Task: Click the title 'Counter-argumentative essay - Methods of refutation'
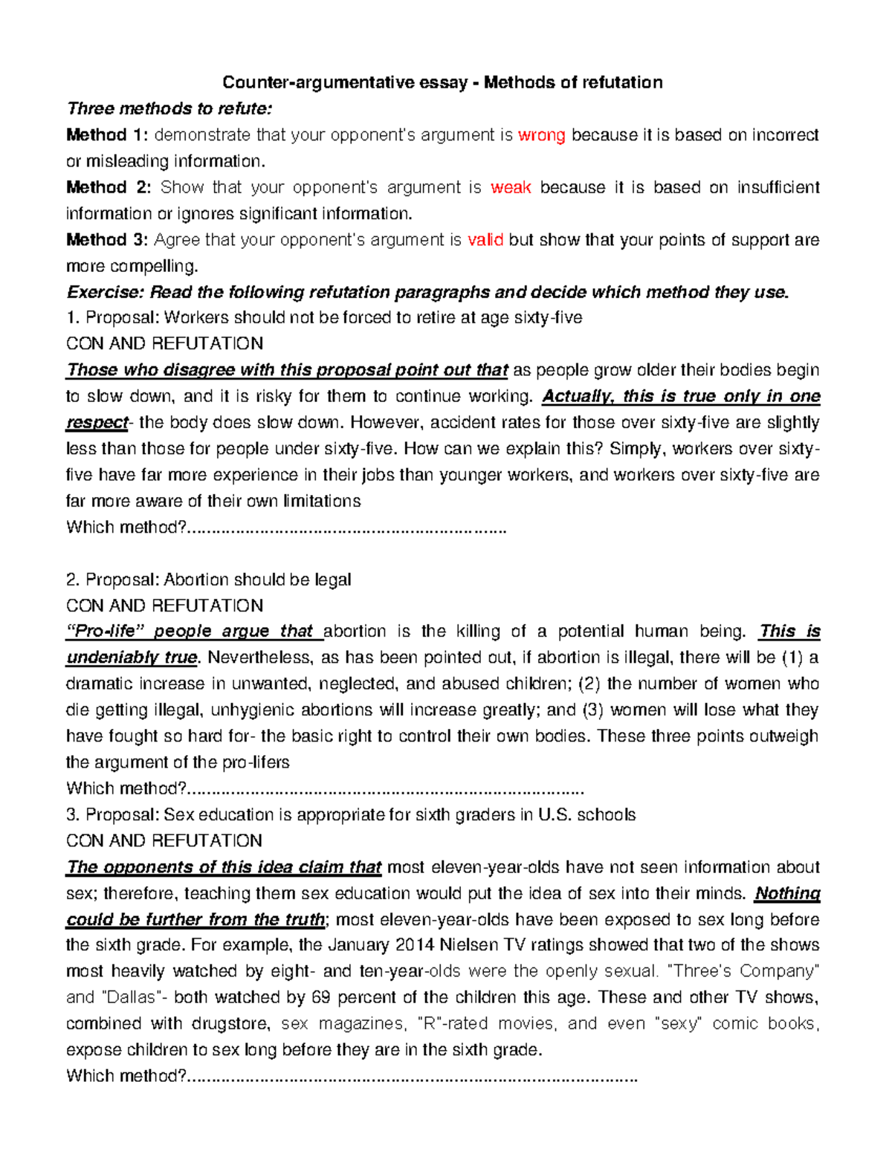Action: (x=442, y=82)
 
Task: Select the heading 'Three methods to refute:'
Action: (x=169, y=108)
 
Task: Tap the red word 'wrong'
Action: (x=541, y=135)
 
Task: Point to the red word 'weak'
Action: (x=511, y=187)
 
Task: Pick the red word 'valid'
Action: (x=485, y=240)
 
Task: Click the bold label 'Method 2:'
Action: (x=108, y=187)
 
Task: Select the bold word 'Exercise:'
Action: (x=106, y=292)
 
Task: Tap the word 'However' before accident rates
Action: (x=386, y=423)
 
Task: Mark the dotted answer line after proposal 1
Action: (x=346, y=528)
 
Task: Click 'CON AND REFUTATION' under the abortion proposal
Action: (x=164, y=606)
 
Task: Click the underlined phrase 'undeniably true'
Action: (x=132, y=658)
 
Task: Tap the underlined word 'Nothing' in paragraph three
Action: (x=787, y=893)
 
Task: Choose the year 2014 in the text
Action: (x=414, y=945)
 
